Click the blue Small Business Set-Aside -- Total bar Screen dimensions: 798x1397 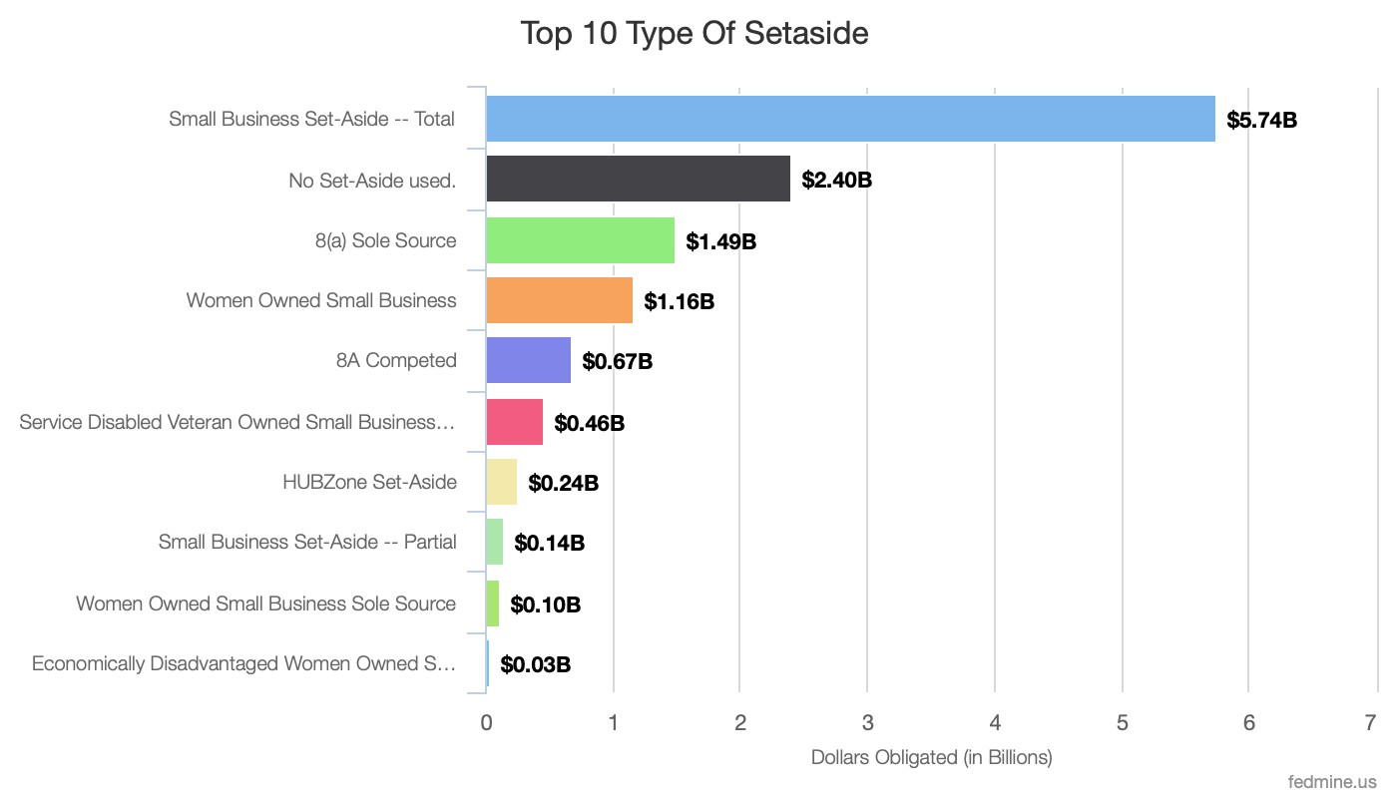(850, 119)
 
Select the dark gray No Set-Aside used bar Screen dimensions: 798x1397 (638, 179)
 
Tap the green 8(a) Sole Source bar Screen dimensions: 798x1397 (580, 239)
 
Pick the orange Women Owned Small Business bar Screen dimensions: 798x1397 (559, 300)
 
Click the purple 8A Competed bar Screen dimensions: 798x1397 (528, 360)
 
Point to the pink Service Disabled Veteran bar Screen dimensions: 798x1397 (514, 421)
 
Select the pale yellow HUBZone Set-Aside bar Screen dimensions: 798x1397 (501, 483)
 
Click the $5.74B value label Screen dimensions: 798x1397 (1261, 121)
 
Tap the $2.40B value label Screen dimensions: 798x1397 (836, 181)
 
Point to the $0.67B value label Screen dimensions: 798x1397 (617, 361)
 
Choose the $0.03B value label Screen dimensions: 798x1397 (535, 664)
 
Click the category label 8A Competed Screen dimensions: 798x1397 (396, 360)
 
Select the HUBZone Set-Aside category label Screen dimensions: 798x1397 (369, 482)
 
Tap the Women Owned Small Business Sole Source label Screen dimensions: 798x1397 (265, 603)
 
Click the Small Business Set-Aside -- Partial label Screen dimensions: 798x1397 (307, 543)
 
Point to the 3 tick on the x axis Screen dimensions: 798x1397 (867, 723)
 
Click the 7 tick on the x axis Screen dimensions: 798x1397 (1375, 723)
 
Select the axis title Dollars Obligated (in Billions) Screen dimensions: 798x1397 (931, 757)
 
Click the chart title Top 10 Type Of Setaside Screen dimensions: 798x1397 (695, 34)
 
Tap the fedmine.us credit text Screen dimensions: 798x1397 (1332, 781)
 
